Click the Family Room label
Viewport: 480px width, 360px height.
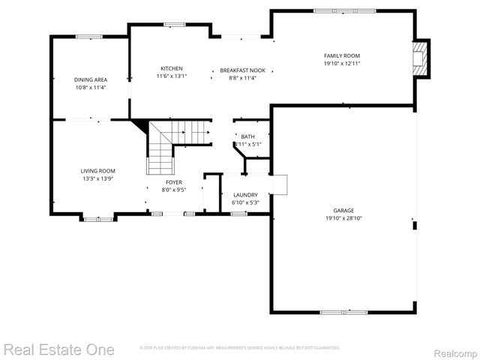tap(342, 55)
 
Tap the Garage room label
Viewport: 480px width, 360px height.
tap(343, 210)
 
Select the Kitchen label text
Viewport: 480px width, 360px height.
tap(171, 68)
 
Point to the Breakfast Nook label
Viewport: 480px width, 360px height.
tap(238, 70)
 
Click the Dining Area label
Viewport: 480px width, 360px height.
tap(90, 79)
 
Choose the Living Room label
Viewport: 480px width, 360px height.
tap(97, 170)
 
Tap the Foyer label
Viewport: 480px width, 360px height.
tap(173, 182)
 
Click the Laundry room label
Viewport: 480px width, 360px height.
tap(245, 194)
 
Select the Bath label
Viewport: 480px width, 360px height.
tap(247, 136)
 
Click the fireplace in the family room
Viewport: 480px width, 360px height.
tap(422, 58)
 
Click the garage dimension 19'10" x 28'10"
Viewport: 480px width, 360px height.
tap(343, 218)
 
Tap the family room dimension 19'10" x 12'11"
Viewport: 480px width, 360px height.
tap(342, 64)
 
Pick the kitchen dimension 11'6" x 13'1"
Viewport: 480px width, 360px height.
tap(171, 76)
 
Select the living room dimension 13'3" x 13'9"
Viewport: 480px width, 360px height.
tap(97, 178)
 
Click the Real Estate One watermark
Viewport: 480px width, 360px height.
tap(58, 349)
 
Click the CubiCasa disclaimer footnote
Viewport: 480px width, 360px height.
tap(240, 348)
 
